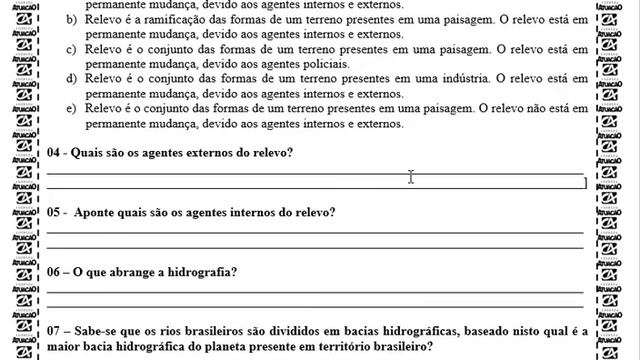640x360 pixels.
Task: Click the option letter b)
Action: [68, 20]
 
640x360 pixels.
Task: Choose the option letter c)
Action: [68, 49]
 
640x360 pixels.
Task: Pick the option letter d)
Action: [68, 78]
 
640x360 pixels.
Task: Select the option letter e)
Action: [68, 107]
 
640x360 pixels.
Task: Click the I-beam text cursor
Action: [411, 177]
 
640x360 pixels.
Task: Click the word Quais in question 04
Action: [91, 152]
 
